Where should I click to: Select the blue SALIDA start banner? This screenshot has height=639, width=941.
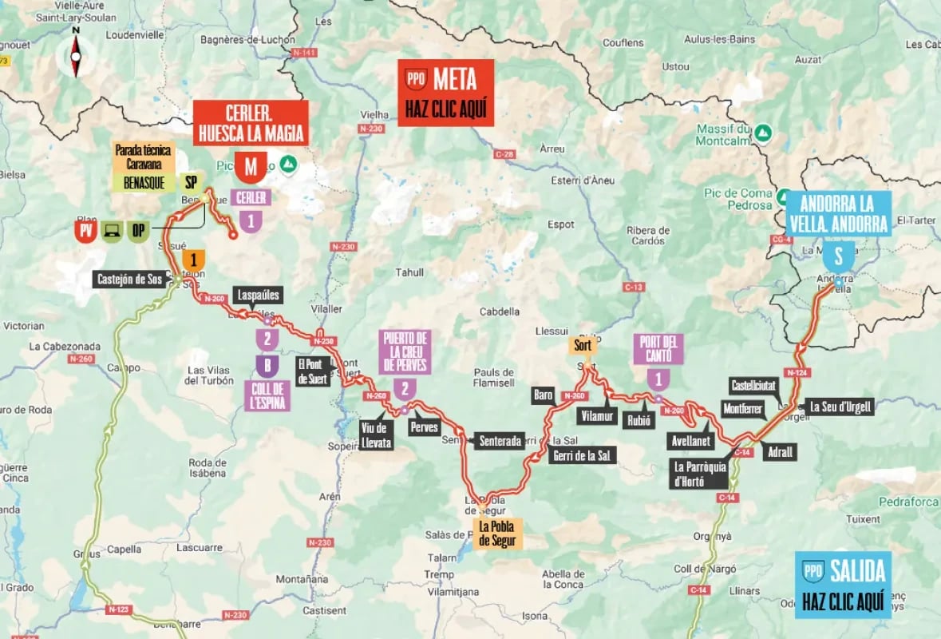pos(843,585)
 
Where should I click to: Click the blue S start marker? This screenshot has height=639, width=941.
pos(838,257)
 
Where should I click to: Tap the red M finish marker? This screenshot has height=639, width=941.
pos(251,168)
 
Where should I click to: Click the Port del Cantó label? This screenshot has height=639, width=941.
pos(658,350)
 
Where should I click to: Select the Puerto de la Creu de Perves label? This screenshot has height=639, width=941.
pos(405,352)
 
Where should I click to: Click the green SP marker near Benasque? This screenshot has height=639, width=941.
pos(190,182)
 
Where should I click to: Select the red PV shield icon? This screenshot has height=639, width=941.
pos(85,231)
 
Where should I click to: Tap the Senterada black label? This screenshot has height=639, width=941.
pos(499,440)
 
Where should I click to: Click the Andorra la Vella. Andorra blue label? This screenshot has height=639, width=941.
pos(837,213)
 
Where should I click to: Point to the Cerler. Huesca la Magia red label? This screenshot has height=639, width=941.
pos(251,122)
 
